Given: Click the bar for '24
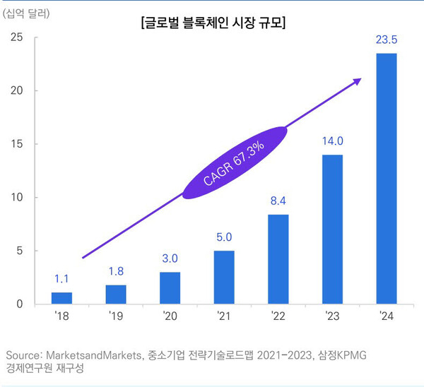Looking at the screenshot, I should (386, 179).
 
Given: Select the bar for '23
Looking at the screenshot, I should (332, 230).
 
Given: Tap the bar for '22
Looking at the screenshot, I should (278, 259).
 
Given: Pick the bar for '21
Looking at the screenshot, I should (224, 278).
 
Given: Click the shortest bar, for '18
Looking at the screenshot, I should (61, 298).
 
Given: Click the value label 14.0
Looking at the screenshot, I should (332, 140).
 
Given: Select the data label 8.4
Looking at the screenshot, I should (278, 201).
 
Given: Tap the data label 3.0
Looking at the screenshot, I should (170, 258).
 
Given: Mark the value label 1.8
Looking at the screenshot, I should (115, 271).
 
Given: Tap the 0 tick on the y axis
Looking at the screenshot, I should (22, 304).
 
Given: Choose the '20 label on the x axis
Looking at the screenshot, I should (170, 317).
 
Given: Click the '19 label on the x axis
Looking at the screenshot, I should (115, 317).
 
